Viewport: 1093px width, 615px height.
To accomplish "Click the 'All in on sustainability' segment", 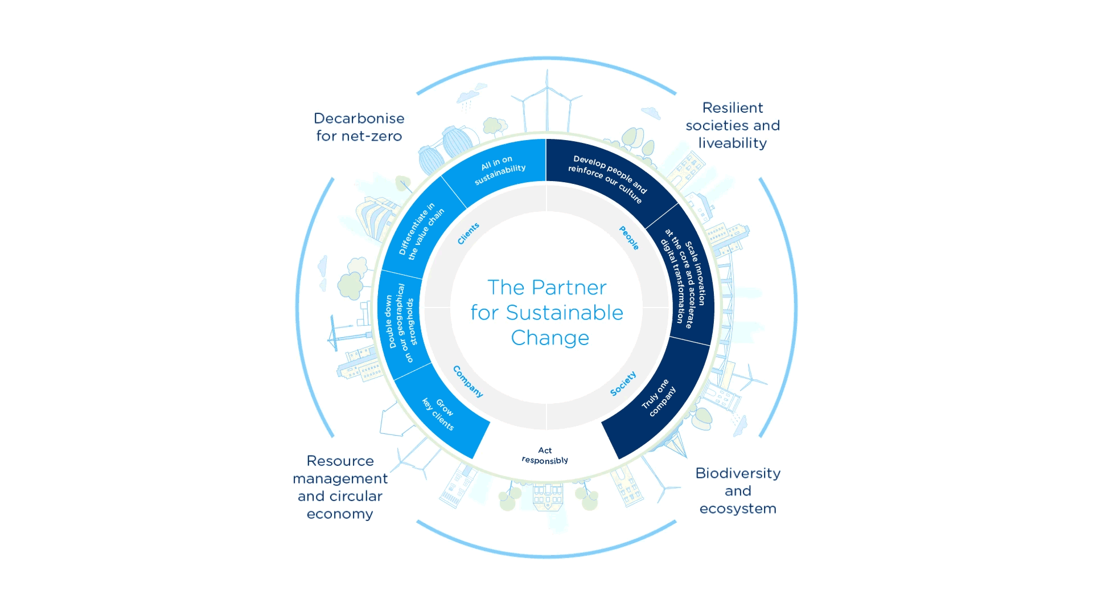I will (x=500, y=170).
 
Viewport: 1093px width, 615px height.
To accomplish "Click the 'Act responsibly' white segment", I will (x=545, y=456).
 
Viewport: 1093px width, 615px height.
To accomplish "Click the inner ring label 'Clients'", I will (x=469, y=233).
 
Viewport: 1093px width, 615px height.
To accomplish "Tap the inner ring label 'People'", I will (x=629, y=237).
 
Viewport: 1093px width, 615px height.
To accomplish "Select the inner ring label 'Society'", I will (x=623, y=384).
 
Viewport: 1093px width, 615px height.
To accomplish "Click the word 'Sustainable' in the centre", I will (x=564, y=313).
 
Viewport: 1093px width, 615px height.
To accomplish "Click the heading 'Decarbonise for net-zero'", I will (x=359, y=127).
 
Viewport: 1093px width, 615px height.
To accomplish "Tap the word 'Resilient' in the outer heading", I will (x=732, y=108).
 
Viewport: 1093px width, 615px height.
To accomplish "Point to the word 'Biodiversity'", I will (x=737, y=473).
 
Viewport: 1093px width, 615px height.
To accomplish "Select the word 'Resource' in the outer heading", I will (x=340, y=461).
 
